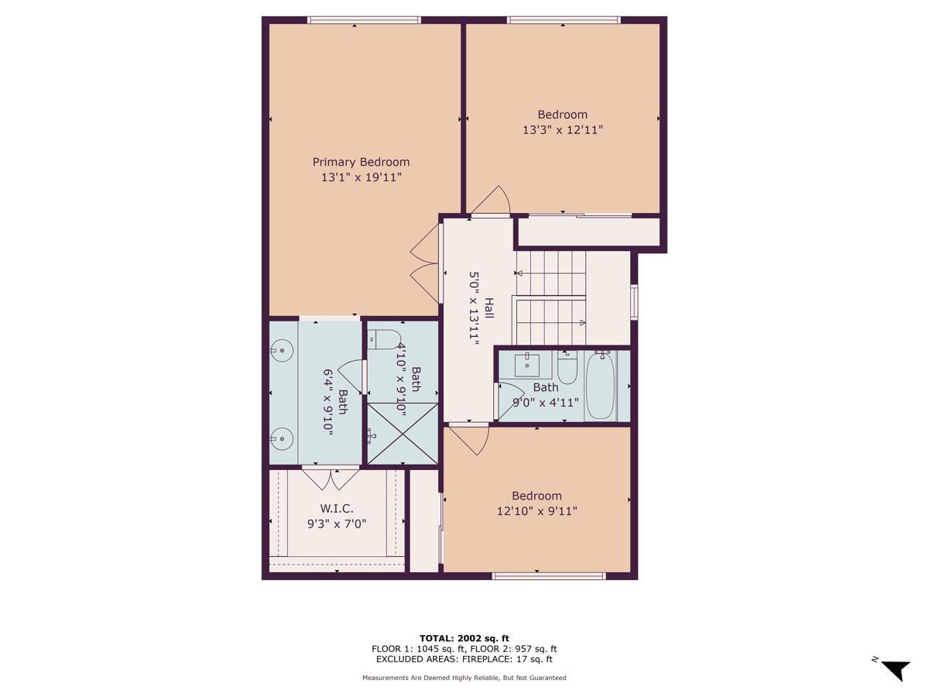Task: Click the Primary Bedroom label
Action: pyautogui.click(x=361, y=162)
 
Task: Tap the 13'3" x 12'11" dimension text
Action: pyautogui.click(x=562, y=130)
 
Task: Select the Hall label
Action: pyautogui.click(x=489, y=308)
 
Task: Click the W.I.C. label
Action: pyautogui.click(x=337, y=508)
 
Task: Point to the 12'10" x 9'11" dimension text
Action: pyautogui.click(x=536, y=511)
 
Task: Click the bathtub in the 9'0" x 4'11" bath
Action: pyautogui.click(x=599, y=385)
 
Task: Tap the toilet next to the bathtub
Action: pyautogui.click(x=567, y=367)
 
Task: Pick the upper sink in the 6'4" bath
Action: pyautogui.click(x=283, y=351)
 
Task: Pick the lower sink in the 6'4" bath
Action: pyautogui.click(x=283, y=439)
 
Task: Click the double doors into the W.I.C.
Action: pyautogui.click(x=331, y=478)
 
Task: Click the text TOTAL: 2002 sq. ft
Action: pyautogui.click(x=464, y=638)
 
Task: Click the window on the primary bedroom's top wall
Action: pyautogui.click(x=363, y=20)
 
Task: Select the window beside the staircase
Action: pyautogui.click(x=634, y=302)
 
